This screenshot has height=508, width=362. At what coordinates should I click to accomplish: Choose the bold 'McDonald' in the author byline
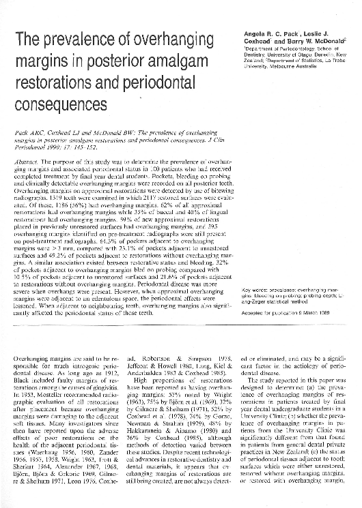click(x=329, y=41)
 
